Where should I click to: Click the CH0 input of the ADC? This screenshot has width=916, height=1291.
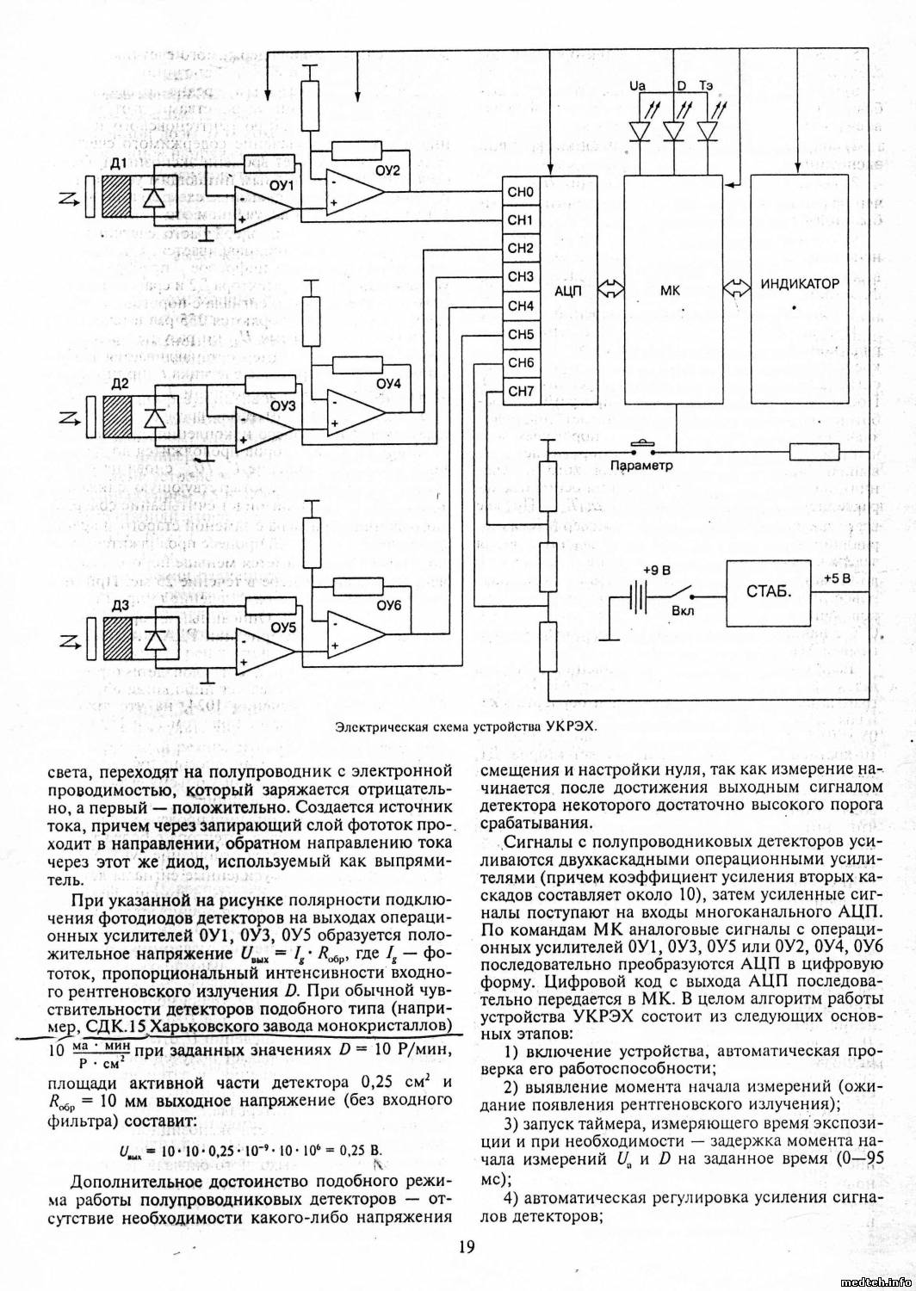coord(520,191)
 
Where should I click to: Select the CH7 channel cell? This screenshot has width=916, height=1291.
coord(520,392)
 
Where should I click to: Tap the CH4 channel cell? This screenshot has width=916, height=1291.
coord(520,306)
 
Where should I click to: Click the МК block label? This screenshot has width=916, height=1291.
coord(670,291)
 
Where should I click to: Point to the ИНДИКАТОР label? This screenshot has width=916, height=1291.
coord(800,284)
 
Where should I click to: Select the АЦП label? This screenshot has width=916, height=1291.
coord(568,291)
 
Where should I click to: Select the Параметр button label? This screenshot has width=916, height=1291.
coord(641,466)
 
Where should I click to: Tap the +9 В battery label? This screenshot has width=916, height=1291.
coord(657,571)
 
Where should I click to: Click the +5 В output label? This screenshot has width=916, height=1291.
coord(836,578)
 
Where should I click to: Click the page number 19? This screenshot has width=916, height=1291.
coord(465,1245)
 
